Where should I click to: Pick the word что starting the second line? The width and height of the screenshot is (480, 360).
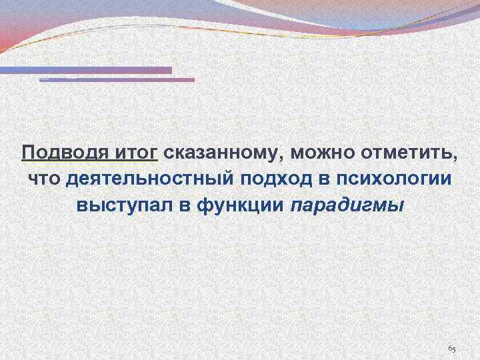pyautogui.click(x=43, y=179)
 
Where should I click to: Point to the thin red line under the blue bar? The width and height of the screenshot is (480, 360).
pyautogui.click(x=117, y=80)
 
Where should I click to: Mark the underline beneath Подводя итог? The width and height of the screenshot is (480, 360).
pyautogui.click(x=89, y=162)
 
